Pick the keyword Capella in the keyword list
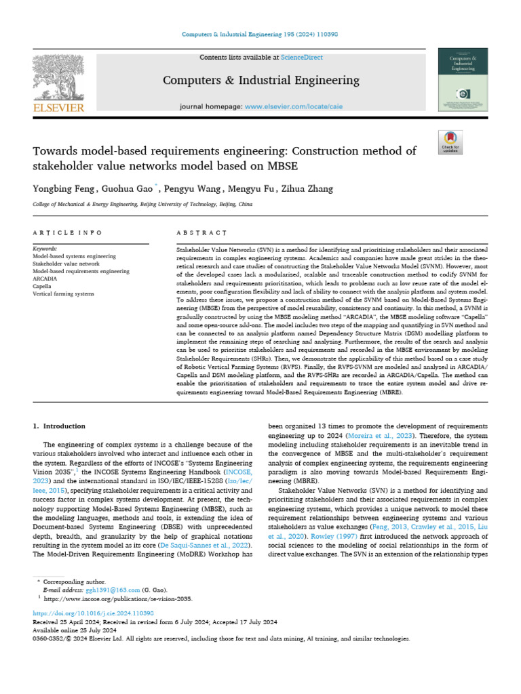pyautogui.click(x=43, y=285)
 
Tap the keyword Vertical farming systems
pyautogui.click(x=62, y=293)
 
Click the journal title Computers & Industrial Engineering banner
pyautogui.click(x=261, y=81)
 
